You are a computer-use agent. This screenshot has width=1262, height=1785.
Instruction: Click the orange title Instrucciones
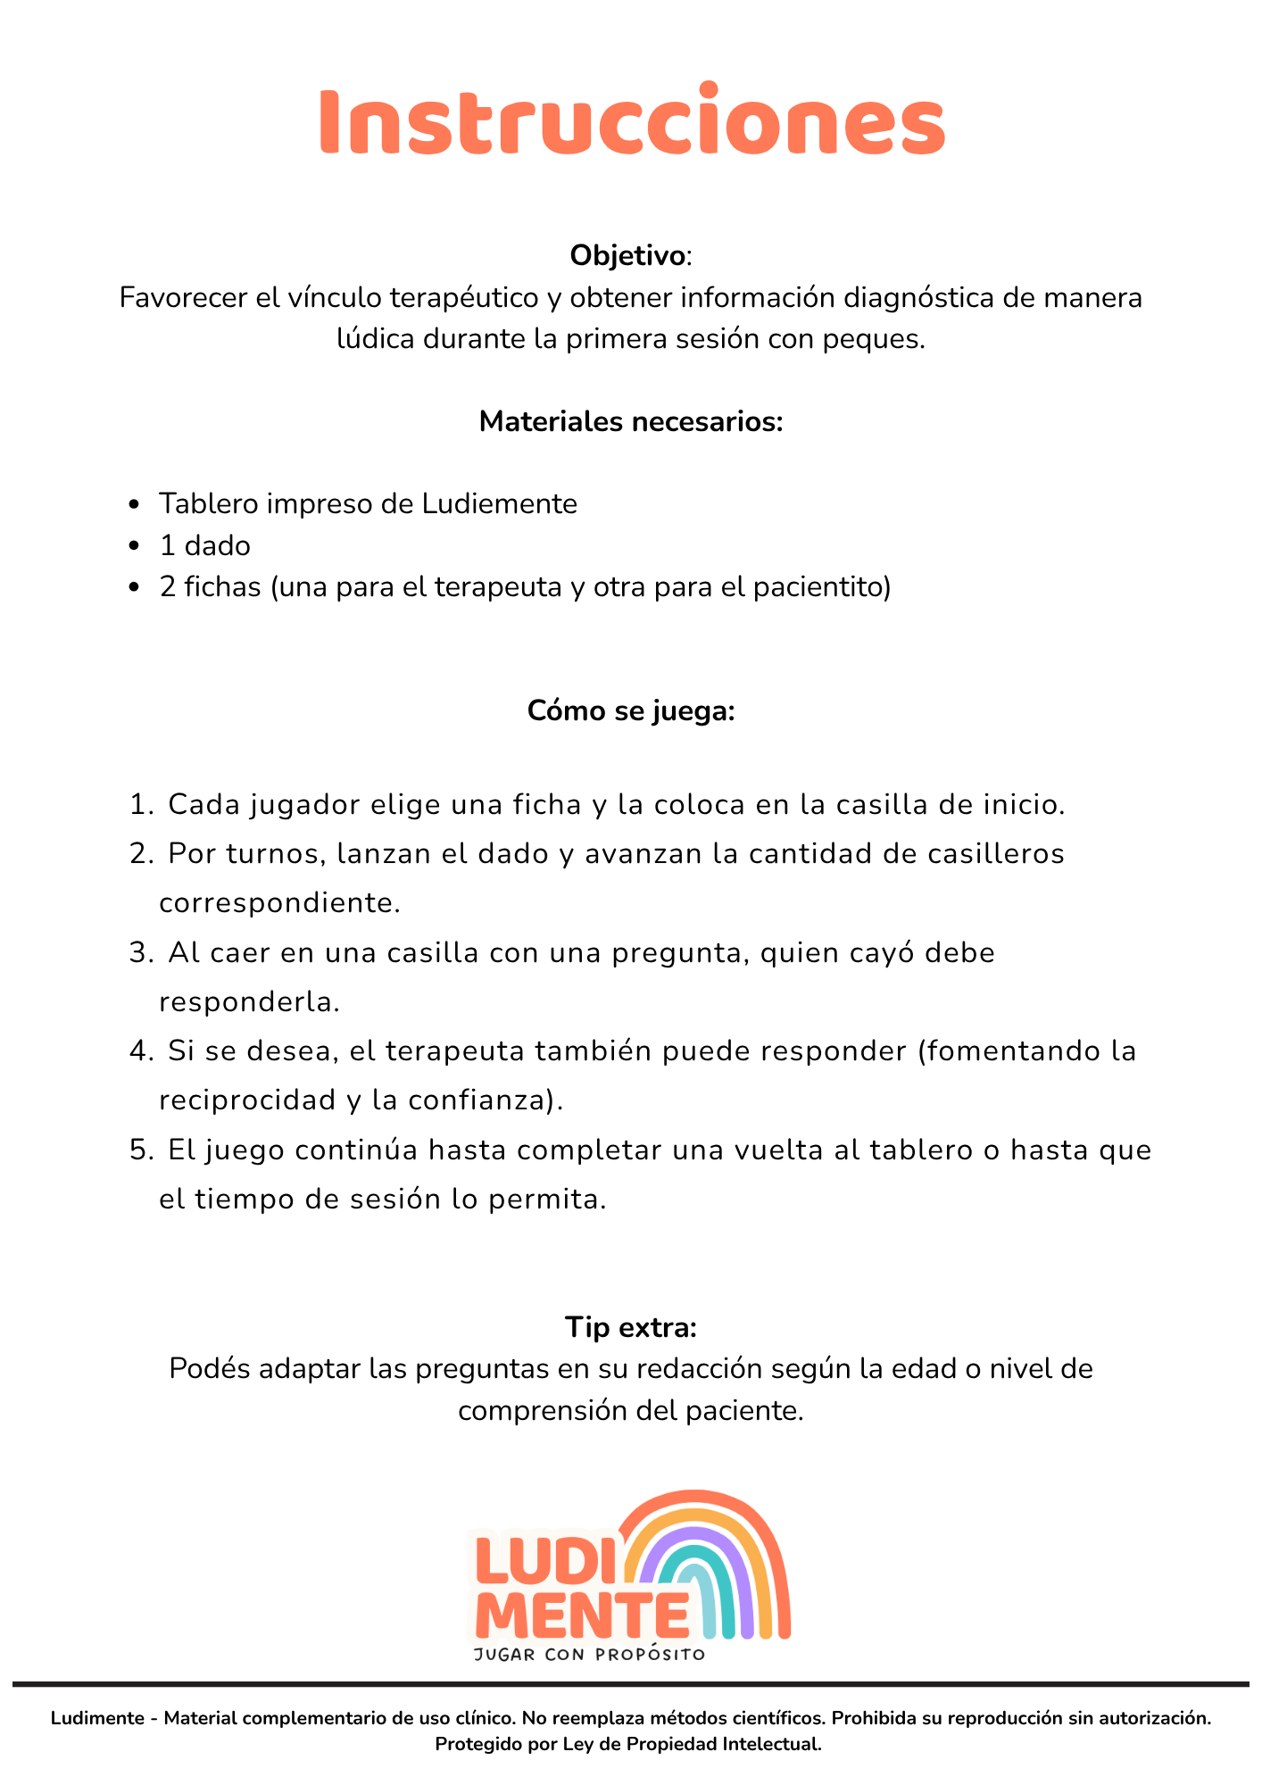point(631,121)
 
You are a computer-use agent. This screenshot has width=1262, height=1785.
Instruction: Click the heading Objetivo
point(628,256)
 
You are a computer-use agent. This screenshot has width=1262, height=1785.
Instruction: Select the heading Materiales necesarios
point(631,421)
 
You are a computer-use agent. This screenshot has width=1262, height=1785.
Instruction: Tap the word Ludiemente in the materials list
point(499,504)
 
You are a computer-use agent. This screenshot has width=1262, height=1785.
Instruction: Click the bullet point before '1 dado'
point(135,546)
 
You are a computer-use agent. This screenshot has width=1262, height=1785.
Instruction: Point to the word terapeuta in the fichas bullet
point(544,587)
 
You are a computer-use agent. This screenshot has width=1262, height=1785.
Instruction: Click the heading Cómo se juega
point(631,711)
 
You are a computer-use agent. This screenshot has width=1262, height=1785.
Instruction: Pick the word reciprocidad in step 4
point(248,1100)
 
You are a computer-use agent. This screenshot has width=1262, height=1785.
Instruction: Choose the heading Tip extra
point(631,1327)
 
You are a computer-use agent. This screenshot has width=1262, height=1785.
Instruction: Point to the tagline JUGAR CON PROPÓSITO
point(589,1655)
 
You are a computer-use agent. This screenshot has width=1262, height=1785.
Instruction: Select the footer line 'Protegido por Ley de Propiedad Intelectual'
point(628,1744)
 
